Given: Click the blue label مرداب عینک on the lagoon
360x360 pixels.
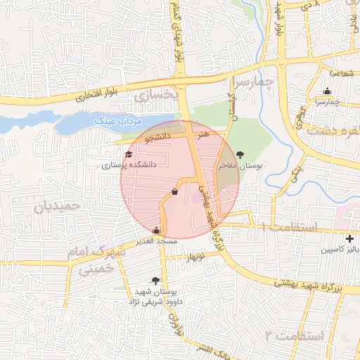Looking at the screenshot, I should coord(115,122).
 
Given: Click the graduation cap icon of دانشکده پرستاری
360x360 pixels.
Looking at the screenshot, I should coord(129,155).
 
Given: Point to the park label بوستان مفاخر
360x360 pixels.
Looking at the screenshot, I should coord(239,167).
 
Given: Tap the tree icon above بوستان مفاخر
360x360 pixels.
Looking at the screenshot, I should coord(241,155).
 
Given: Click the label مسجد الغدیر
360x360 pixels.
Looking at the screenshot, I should coord(157,241).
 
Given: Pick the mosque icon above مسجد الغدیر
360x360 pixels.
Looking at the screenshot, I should coord(156,230).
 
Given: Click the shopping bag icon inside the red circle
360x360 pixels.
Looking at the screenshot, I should coord(174,191).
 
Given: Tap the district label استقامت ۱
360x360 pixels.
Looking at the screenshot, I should coord(290,227).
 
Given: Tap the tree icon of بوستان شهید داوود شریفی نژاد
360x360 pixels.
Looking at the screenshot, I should coord(155,281).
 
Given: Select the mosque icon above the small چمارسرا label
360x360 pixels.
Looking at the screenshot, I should coord(327,91).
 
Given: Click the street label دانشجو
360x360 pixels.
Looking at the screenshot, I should coord(158,139).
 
